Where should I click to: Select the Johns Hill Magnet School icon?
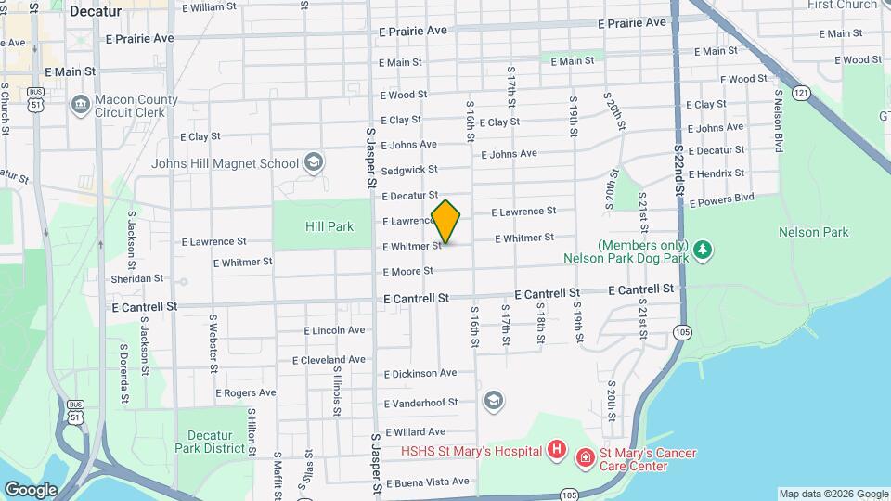pos(313,163)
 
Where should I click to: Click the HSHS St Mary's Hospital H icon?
pos(556,451)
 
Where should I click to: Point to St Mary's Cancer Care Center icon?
pos(585,456)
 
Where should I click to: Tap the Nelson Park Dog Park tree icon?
pos(704,250)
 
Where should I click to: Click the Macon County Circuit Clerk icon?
pos(81,103)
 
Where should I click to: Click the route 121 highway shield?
pos(802,93)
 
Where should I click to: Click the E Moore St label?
pos(407,271)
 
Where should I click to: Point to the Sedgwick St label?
pos(408,170)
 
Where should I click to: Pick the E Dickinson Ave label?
pos(420,373)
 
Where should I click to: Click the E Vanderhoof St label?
pos(420,403)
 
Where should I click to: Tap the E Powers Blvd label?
pos(724,199)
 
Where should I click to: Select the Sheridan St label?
pos(137,277)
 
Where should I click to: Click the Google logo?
pos(31,489)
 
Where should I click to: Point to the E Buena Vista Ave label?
pos(427,482)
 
